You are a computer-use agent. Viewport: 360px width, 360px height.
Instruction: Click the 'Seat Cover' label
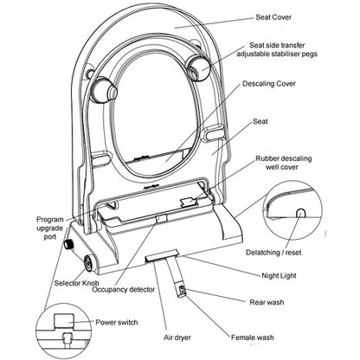[x=273, y=17]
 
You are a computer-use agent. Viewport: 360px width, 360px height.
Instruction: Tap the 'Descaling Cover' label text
[x=269, y=84]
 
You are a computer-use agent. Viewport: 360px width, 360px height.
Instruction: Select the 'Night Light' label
[x=279, y=275]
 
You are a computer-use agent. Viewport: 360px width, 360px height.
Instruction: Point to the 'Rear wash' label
[x=267, y=302]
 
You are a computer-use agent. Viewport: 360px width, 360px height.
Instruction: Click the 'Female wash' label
[x=253, y=337]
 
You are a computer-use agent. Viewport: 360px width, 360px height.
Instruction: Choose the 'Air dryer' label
[x=177, y=337]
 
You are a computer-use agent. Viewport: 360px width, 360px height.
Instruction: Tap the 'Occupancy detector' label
[x=124, y=289]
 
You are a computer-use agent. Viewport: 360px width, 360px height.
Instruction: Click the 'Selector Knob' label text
[x=76, y=283]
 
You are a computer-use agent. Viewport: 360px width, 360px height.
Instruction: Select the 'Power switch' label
[x=117, y=322]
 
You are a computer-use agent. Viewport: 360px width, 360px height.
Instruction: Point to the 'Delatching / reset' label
[x=273, y=253]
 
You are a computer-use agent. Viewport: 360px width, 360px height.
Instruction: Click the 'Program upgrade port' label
[x=50, y=228]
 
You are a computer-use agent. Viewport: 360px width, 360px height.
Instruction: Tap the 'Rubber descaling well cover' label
[x=284, y=163]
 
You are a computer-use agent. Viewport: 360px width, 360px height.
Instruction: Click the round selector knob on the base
[x=88, y=263]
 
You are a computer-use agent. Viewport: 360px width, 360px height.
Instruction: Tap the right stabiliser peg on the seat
[x=197, y=67]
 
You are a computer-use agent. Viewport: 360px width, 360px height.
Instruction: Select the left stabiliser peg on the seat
[x=103, y=90]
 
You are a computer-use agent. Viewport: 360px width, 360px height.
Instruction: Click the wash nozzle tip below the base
[x=182, y=291]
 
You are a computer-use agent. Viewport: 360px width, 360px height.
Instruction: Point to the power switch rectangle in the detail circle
[x=64, y=321]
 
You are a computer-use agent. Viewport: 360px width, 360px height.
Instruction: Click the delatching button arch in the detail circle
[x=301, y=213]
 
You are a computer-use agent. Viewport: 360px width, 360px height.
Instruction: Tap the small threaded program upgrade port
[x=68, y=245]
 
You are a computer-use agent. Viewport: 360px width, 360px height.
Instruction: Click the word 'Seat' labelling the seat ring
[x=260, y=121]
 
